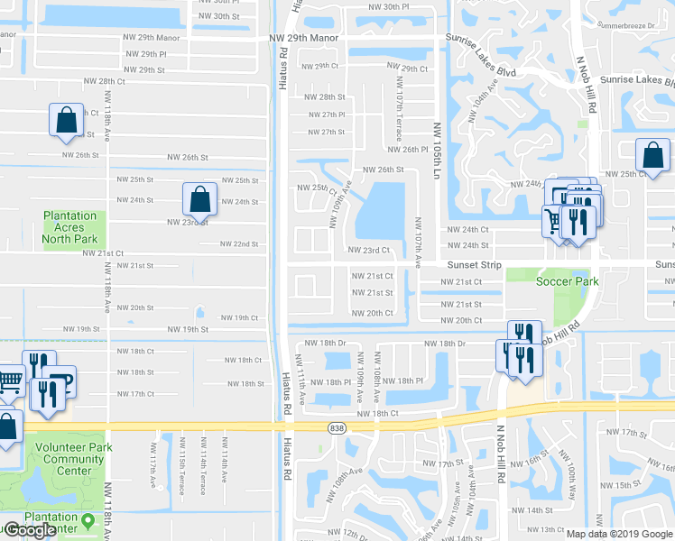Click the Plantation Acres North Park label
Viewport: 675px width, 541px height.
pyautogui.click(x=69, y=228)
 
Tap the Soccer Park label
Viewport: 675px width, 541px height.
pyautogui.click(x=568, y=281)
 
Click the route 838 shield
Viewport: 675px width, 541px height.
pyautogui.click(x=337, y=427)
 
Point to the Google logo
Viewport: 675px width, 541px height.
pyautogui.click(x=29, y=530)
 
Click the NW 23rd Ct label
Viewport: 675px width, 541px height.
pyautogui.click(x=369, y=251)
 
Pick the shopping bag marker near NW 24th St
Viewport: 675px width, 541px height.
pyautogui.click(x=199, y=199)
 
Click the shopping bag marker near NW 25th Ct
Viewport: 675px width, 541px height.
pyautogui.click(x=652, y=155)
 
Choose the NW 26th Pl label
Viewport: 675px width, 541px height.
pyautogui.click(x=408, y=150)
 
